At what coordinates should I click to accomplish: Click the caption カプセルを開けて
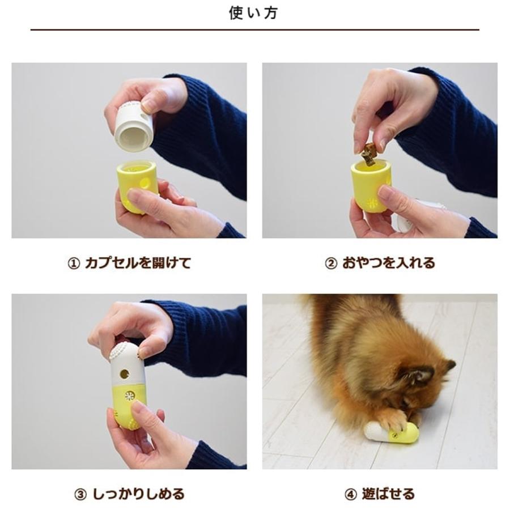(137, 263)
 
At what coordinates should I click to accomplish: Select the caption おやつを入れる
(388, 263)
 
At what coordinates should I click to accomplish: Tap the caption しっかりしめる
(138, 494)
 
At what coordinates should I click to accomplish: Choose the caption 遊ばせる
(388, 494)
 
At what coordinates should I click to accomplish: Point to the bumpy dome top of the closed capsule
(125, 351)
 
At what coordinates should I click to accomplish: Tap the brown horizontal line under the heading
(254, 29)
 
